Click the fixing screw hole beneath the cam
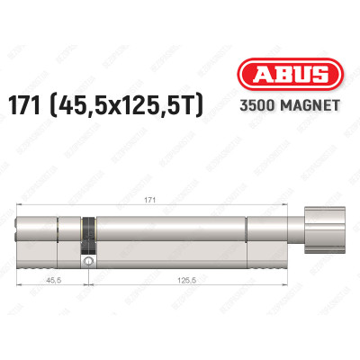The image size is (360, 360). pos(88,262)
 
